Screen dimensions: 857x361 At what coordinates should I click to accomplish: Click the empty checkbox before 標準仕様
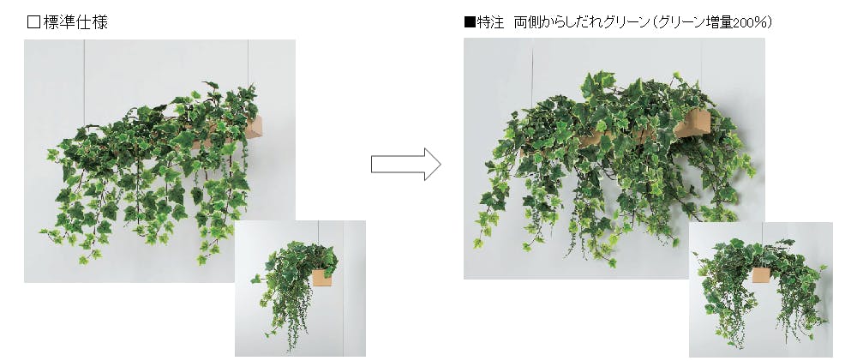(x=33, y=22)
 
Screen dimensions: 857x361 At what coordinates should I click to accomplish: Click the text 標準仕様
(x=75, y=22)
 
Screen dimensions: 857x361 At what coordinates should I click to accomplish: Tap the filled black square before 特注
(x=470, y=22)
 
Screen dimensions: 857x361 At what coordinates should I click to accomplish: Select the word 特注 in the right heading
(x=490, y=22)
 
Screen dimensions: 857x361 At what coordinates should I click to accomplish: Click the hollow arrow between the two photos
(x=406, y=164)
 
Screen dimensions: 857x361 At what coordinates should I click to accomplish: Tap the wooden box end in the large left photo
(x=253, y=128)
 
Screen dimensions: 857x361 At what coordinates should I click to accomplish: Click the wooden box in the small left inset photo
(x=322, y=277)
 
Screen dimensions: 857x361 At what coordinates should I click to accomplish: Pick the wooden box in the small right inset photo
(x=761, y=274)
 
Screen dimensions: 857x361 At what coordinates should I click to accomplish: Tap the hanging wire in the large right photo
(x=532, y=73)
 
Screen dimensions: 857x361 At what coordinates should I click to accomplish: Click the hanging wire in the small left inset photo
(x=318, y=233)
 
